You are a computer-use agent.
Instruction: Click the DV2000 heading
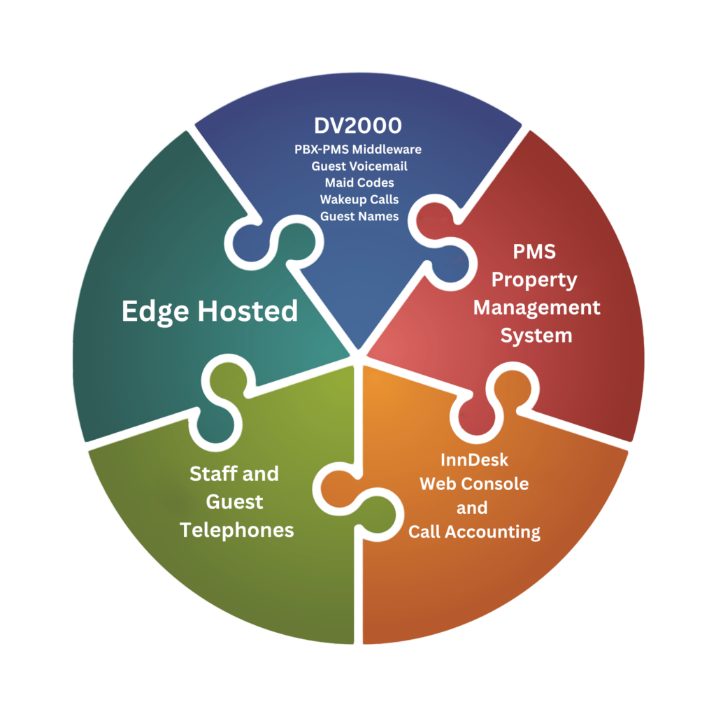(358, 126)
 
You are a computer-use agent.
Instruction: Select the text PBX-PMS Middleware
(358, 150)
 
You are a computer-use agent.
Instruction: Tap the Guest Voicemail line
(359, 166)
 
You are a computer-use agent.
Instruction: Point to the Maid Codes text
(359, 182)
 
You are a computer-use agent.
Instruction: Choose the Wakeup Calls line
(359, 199)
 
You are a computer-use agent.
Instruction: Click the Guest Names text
(359, 216)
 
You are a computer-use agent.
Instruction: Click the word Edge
(155, 313)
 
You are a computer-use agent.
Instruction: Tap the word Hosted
(248, 311)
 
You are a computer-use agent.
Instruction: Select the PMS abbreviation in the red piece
(534, 252)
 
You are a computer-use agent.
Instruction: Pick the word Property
(534, 280)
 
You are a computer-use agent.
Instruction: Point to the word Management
(536, 308)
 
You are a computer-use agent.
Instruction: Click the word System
(536, 336)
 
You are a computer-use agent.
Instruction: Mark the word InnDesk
(475, 460)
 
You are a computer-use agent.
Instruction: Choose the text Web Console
(475, 484)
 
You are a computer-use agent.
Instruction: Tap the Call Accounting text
(475, 532)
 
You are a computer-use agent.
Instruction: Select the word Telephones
(236, 530)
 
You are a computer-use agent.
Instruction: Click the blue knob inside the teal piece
(252, 243)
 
